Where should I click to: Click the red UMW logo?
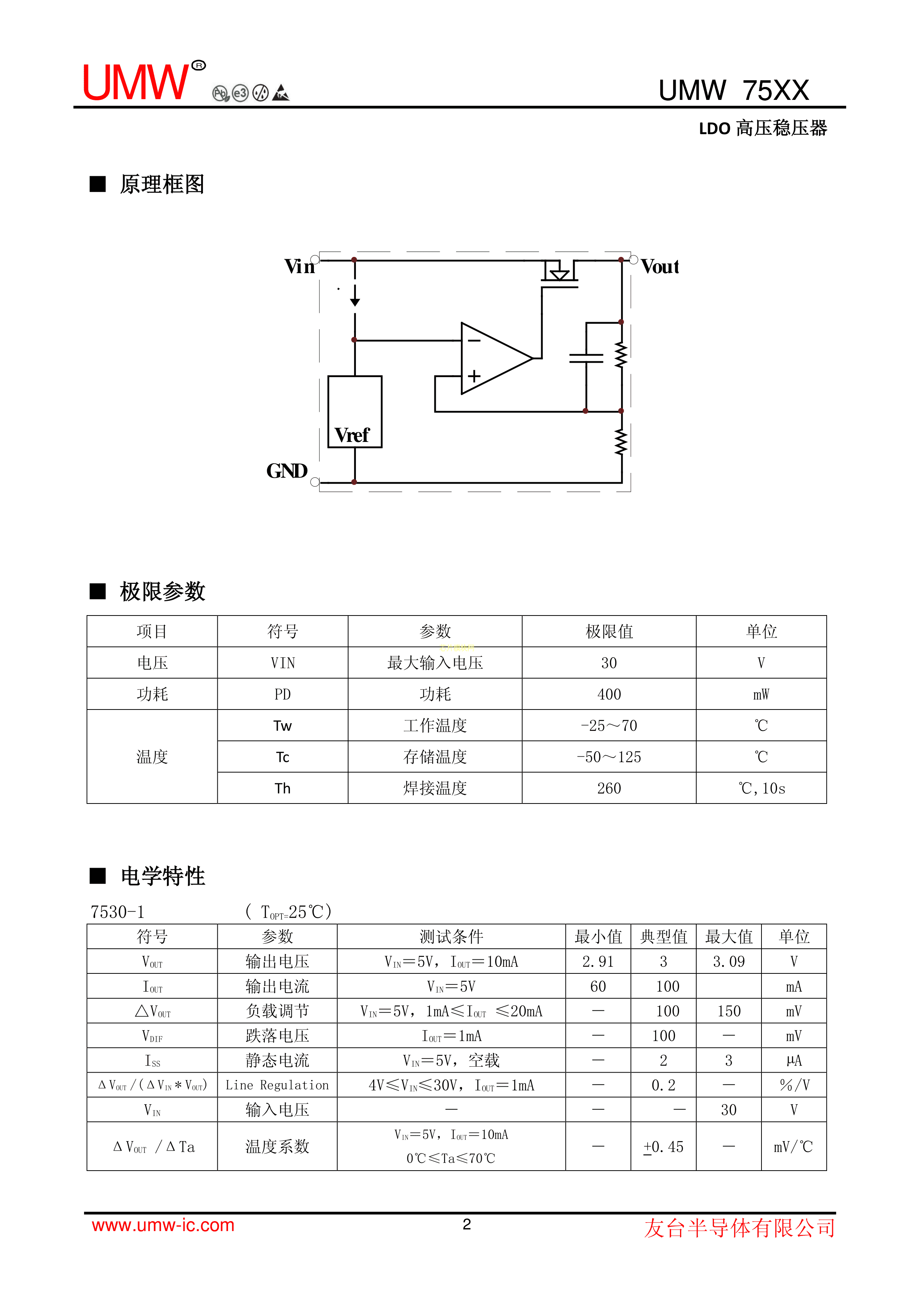[x=136, y=82]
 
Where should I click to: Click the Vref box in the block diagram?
[x=354, y=412]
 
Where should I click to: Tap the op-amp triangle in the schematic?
[x=493, y=358]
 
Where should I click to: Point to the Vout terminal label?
[x=659, y=266]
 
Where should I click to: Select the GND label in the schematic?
[x=287, y=471]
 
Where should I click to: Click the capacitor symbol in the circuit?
[x=586, y=358]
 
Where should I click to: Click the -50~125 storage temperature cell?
[x=609, y=757]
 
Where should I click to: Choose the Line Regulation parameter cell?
[x=277, y=1085]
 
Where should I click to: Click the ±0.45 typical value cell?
[x=663, y=1147]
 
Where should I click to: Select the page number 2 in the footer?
[x=466, y=1224]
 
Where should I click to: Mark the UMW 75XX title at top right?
[x=734, y=90]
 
